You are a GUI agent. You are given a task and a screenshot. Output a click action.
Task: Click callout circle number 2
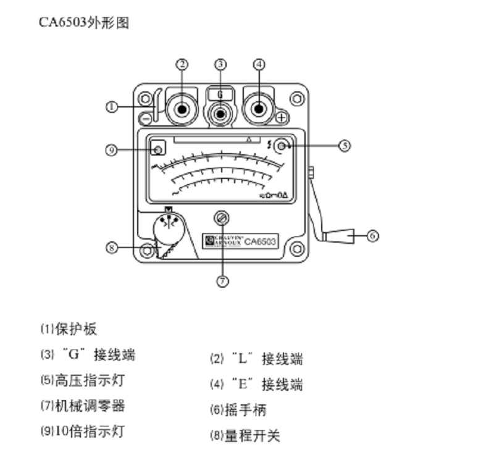[x=182, y=64]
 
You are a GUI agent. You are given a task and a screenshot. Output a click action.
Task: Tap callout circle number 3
[x=221, y=64]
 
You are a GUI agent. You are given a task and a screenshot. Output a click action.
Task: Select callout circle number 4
[x=259, y=64]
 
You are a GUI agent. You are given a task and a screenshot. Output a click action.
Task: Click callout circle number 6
[x=372, y=235]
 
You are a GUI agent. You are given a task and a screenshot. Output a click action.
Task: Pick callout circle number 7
[x=222, y=281]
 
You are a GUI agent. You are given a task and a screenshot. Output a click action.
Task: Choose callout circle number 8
[x=112, y=248]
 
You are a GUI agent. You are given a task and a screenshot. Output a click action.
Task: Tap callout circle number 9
[x=112, y=149]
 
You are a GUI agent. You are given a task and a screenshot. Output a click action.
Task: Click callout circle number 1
[x=112, y=107]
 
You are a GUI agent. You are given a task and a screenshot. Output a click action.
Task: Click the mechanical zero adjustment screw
[x=222, y=217]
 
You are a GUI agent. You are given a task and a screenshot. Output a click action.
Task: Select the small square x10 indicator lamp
[x=159, y=149]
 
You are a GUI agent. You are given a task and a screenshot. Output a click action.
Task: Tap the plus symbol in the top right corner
[x=282, y=117]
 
